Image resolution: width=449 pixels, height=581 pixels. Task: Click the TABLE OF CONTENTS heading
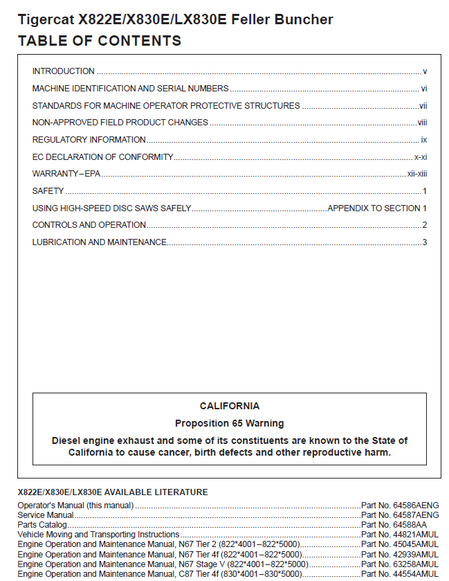[100, 41]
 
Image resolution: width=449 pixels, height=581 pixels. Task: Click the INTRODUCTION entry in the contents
[64, 71]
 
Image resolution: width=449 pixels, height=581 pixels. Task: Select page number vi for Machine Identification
[423, 89]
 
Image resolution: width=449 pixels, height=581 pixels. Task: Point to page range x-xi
[421, 157]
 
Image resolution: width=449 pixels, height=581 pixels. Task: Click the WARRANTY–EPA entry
[66, 174]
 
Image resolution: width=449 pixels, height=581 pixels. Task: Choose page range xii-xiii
[417, 174]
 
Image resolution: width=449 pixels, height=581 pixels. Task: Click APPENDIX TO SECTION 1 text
[377, 208]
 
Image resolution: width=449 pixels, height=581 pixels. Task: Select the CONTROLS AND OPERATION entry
[89, 225]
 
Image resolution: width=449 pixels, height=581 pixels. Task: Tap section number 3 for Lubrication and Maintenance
[425, 242]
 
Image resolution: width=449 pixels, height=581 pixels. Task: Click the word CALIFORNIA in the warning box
[230, 406]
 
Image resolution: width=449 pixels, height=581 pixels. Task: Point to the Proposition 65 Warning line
[230, 423]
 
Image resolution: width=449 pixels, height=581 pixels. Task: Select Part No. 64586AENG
[400, 506]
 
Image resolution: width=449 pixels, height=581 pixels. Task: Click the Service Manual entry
[46, 515]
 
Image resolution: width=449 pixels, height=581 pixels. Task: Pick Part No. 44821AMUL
[400, 535]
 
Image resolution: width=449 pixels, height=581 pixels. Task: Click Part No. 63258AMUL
[400, 564]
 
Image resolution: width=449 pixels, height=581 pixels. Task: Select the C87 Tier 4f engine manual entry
[159, 574]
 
